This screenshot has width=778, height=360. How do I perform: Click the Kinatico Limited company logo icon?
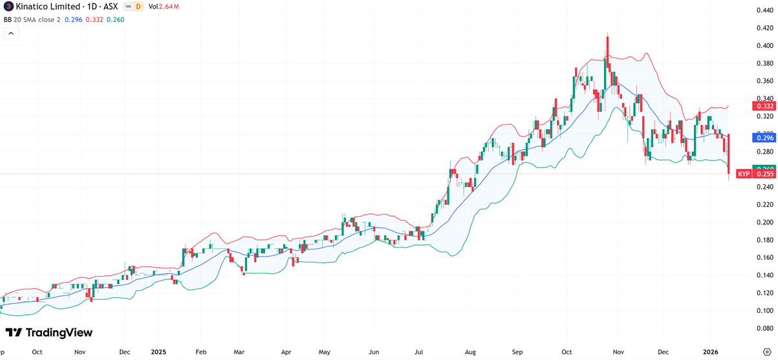click(x=7, y=6)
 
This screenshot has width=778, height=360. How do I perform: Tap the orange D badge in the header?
click(x=138, y=6)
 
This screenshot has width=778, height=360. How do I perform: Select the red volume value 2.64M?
click(x=169, y=6)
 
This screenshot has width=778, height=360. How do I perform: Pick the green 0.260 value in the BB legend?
click(x=114, y=19)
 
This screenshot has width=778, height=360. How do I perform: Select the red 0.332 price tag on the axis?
click(x=764, y=106)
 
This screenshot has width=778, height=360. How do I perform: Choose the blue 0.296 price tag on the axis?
click(x=764, y=138)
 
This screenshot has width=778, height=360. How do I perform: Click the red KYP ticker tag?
click(x=744, y=175)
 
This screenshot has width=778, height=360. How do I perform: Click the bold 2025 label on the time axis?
click(x=159, y=352)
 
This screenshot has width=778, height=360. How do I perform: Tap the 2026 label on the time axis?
click(x=710, y=352)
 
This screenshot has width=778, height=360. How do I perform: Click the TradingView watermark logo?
click(x=49, y=332)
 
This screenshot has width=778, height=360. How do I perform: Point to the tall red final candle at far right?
click(x=729, y=155)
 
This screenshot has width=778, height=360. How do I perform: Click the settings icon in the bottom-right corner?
click(x=766, y=352)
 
